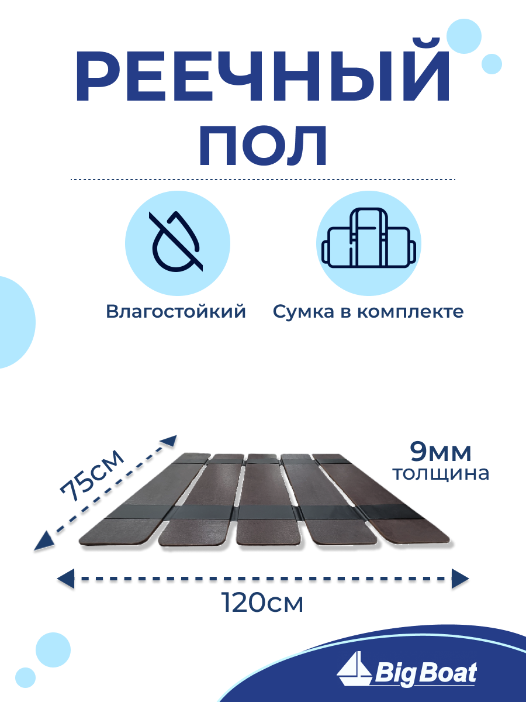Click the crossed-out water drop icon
177,244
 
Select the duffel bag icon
369,244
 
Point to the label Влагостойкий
176,312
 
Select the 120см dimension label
262,603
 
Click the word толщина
440,473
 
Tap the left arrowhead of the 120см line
66,579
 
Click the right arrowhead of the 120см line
460,579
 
